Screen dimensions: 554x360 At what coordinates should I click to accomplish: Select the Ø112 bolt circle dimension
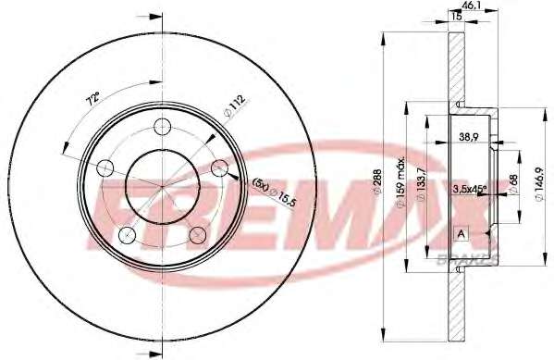click(234, 105)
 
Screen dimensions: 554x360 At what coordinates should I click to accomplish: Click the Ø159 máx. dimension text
click(401, 183)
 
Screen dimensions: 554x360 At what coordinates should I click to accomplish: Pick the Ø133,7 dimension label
click(422, 184)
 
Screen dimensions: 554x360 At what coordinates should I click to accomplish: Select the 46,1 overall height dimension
click(469, 6)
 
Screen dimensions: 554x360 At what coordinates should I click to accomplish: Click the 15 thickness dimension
click(457, 16)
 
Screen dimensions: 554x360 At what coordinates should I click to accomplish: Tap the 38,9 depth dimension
click(469, 137)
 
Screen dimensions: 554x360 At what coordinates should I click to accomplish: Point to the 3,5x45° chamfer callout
click(470, 189)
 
